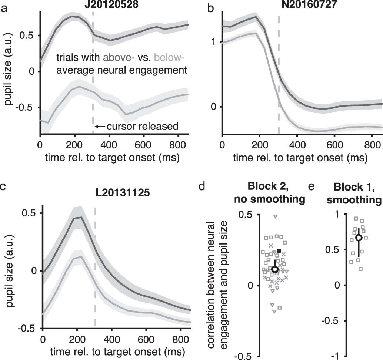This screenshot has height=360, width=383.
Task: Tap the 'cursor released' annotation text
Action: [143, 127]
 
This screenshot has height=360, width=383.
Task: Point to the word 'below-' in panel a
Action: [169, 57]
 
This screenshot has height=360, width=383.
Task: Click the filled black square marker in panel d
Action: [279, 251]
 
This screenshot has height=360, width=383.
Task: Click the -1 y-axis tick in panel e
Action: [338, 356]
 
